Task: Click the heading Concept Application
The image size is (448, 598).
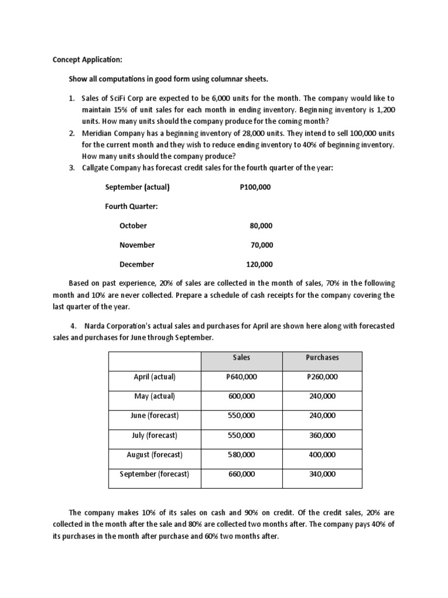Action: [x=87, y=60]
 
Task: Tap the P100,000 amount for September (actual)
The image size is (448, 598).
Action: [x=255, y=187]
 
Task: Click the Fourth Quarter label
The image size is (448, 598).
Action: [x=131, y=206]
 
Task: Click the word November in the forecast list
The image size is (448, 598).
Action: [x=137, y=245]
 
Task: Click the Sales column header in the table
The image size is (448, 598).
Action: [x=241, y=357]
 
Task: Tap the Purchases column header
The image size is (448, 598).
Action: [x=322, y=357]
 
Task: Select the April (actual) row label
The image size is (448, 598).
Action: [x=155, y=377]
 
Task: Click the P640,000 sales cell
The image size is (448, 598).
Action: [x=241, y=377]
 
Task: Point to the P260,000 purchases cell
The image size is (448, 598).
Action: [x=322, y=377]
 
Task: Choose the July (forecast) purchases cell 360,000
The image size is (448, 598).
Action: [x=322, y=435]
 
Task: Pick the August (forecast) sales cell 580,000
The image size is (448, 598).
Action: [x=241, y=454]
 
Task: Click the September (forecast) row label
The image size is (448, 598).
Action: [x=155, y=474]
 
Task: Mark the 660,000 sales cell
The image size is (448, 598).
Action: [x=241, y=474]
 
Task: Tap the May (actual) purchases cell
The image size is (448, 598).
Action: [x=322, y=397]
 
